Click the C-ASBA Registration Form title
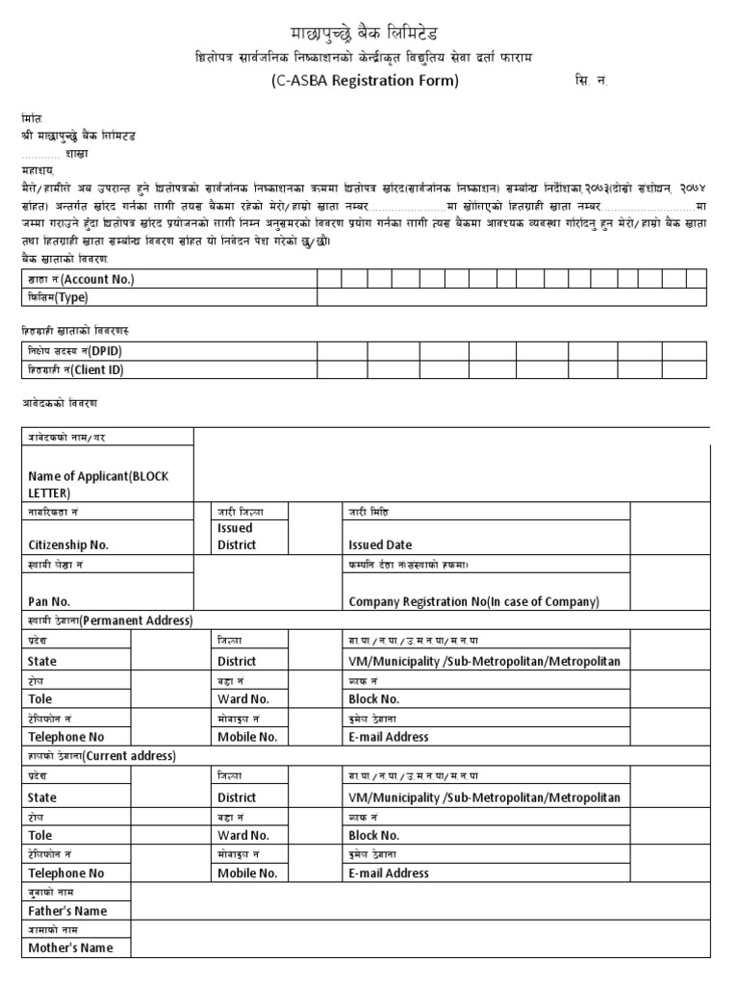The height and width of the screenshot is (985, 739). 364,81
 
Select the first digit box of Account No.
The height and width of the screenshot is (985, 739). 329,279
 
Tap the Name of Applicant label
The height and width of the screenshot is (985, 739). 98,484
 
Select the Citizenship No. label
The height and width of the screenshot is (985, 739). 69,544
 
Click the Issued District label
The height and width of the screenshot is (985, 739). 237,536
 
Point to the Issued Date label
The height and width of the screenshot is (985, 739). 380,544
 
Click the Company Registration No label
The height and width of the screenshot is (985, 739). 473,602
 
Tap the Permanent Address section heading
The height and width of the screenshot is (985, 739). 136,620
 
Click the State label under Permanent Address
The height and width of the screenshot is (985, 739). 42,662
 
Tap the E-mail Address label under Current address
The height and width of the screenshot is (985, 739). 389,873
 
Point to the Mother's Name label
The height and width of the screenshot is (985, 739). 70,947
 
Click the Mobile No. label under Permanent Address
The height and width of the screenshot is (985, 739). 247,737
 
